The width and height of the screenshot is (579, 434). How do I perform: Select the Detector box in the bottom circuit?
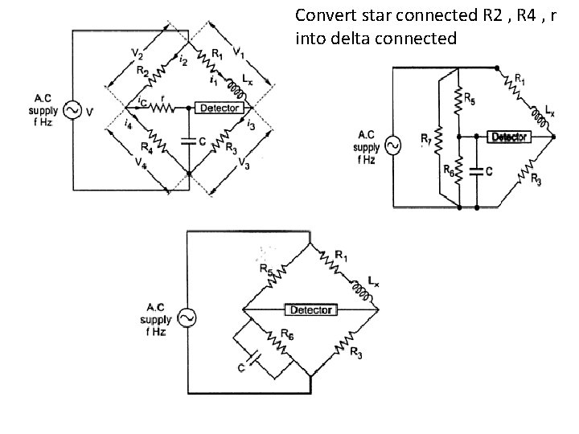pyautogui.click(x=311, y=309)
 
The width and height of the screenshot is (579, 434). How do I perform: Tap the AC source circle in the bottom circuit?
pyautogui.click(x=186, y=318)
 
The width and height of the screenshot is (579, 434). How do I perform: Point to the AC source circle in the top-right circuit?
pyautogui.click(x=393, y=145)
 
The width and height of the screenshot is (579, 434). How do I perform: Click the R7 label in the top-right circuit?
pyautogui.click(x=425, y=138)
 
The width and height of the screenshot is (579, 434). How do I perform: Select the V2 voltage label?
pyautogui.click(x=138, y=54)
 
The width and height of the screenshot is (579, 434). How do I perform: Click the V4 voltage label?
pyautogui.click(x=141, y=162)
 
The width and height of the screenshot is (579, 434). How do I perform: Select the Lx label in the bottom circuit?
pyautogui.click(x=373, y=280)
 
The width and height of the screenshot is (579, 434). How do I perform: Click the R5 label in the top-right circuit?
pyautogui.click(x=470, y=100)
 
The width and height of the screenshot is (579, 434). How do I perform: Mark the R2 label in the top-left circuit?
pyautogui.click(x=142, y=71)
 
